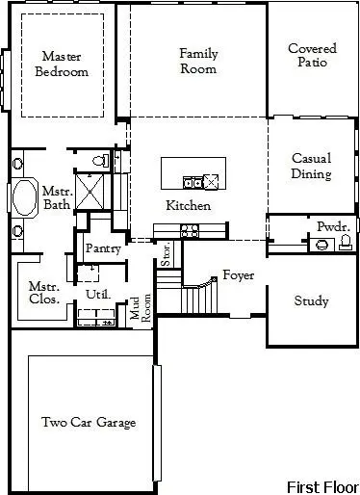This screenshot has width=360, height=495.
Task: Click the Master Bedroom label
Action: point(62,64)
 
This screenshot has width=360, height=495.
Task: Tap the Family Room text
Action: point(197,61)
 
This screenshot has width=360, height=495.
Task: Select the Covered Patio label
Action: point(312,55)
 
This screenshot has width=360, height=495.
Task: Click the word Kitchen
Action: point(189,206)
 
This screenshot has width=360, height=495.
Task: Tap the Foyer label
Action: point(239,275)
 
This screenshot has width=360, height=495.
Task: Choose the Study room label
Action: point(311,301)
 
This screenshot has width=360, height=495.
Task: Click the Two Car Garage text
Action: point(89,422)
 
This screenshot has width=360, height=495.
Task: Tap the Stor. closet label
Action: point(166,255)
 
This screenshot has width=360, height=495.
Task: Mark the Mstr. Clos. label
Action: point(44,292)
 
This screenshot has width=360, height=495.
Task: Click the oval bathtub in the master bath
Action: point(21,199)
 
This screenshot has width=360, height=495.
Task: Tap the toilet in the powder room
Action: point(343,245)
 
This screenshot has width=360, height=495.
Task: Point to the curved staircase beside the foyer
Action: point(199,291)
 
